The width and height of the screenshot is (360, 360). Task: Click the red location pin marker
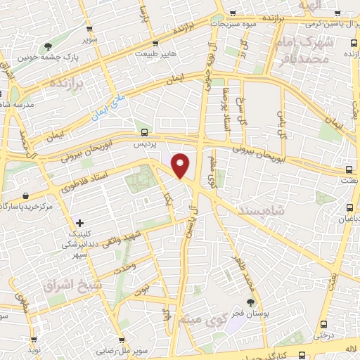pos(181,166)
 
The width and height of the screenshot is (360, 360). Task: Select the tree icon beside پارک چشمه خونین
pos(48,46)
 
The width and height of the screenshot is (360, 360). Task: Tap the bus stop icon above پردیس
pos(145,131)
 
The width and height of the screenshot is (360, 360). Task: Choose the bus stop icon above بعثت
pos(349,169)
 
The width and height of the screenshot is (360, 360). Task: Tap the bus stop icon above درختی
pos(323,324)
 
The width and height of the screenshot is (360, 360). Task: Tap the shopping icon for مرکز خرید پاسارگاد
pos(25,195)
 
